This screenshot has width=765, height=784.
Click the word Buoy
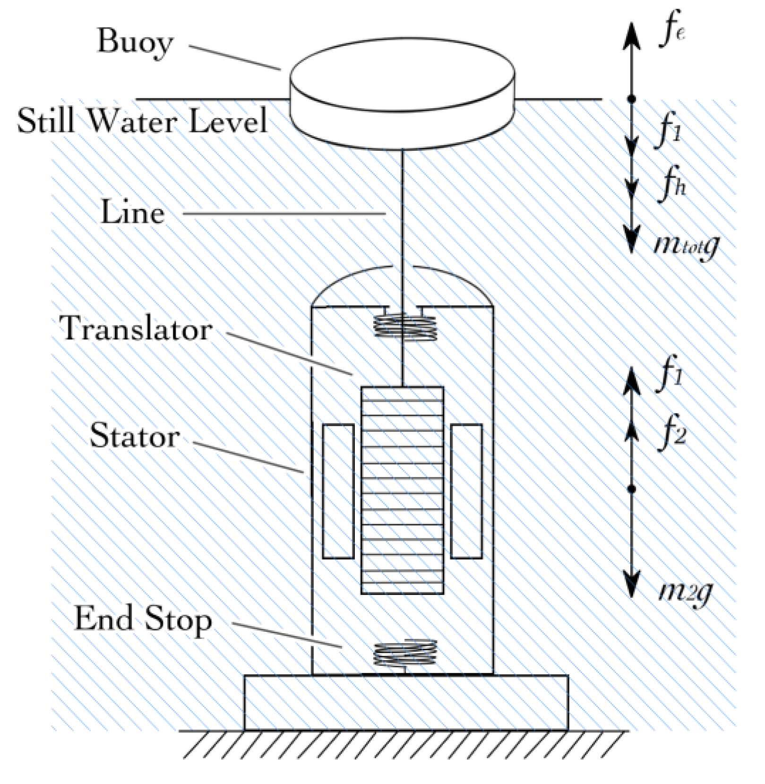click(x=135, y=43)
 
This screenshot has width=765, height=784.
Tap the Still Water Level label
click(x=142, y=121)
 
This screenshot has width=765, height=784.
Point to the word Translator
click(x=136, y=328)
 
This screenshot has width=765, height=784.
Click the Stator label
click(x=135, y=436)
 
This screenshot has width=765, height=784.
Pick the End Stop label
click(x=143, y=619)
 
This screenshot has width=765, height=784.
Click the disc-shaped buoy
click(x=402, y=92)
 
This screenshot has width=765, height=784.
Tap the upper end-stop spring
click(x=405, y=326)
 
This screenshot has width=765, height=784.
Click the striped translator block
click(x=402, y=490)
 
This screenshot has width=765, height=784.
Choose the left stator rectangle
click(x=338, y=491)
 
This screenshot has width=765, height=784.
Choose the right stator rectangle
click(x=466, y=491)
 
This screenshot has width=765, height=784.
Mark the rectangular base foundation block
click(x=406, y=702)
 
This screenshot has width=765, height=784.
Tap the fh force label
click(x=671, y=184)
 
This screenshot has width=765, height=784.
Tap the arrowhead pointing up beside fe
click(x=632, y=36)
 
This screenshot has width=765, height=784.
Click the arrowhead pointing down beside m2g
click(x=632, y=583)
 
